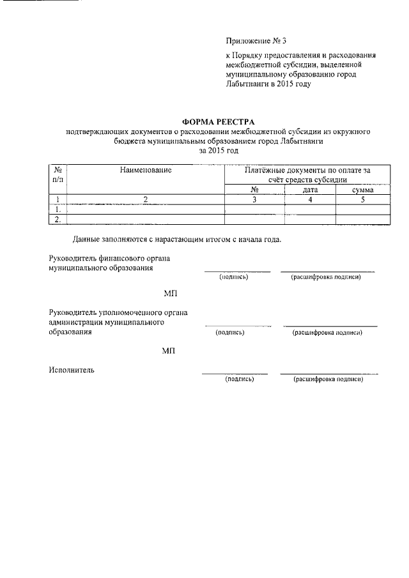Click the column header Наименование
tap(146, 171)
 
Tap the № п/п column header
tap(58, 176)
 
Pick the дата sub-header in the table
tap(310, 190)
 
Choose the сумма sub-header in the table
tap(362, 190)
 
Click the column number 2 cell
tap(146, 199)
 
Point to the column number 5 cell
tap(362, 199)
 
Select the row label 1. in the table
tap(58, 209)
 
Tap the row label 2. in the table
tap(58, 219)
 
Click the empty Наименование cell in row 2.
tap(146, 219)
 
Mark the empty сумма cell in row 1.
tap(362, 209)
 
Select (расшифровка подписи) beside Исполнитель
tap(328, 379)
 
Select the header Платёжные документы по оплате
tap(307, 171)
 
